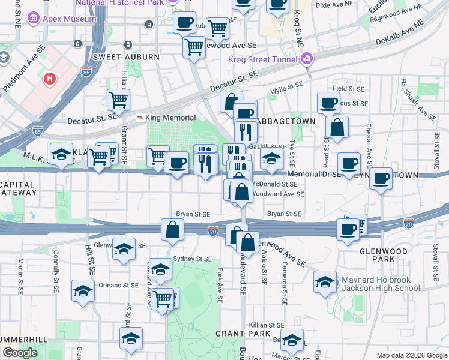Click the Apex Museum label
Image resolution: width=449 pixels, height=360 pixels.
(69, 19)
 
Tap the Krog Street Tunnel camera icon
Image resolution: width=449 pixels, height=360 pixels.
(307, 59)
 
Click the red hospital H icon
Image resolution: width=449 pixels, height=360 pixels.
(50, 78)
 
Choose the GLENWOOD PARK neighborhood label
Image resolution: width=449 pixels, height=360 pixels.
(383, 251)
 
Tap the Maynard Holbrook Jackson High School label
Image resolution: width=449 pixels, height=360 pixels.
(381, 284)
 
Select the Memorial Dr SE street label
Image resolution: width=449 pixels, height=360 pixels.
(314, 175)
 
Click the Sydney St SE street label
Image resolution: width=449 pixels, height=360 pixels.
(192, 259)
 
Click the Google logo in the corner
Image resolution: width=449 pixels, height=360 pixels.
(20, 353)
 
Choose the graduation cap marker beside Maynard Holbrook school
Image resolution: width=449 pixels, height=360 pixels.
(325, 283)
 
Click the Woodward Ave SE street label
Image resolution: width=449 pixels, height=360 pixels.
(277, 194)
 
